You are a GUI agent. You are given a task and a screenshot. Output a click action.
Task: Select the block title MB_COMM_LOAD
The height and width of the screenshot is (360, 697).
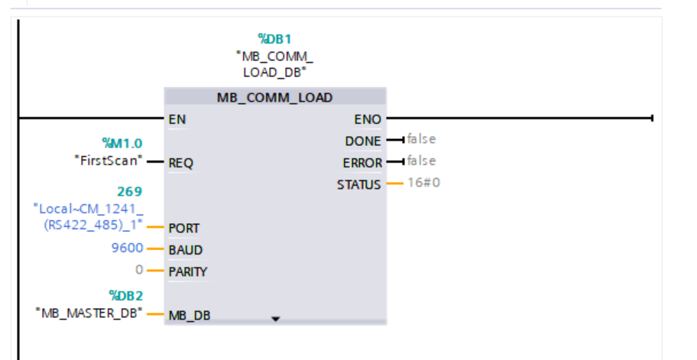click(275, 98)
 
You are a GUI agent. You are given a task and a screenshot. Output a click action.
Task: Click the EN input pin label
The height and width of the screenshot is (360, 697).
click(177, 119)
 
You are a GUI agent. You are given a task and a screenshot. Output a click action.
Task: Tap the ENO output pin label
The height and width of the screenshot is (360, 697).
click(368, 119)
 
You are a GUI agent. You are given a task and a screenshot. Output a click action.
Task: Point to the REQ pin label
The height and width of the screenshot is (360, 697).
click(180, 163)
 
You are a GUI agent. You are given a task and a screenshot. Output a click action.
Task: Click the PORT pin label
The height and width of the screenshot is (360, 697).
click(183, 228)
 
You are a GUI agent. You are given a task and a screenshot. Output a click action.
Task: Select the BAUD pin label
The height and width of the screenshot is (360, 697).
click(185, 250)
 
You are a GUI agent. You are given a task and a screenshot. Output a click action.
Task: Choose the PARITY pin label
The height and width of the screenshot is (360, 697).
click(188, 271)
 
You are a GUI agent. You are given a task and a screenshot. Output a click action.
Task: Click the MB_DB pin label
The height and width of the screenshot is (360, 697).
click(189, 315)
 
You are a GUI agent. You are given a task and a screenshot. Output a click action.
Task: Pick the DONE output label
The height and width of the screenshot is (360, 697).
click(363, 141)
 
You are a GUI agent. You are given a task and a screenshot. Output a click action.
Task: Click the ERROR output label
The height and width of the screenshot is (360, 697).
click(361, 163)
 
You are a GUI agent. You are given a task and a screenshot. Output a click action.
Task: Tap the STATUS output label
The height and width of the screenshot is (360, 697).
click(358, 184)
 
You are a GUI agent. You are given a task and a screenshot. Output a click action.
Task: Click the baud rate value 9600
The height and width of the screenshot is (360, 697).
click(127, 249)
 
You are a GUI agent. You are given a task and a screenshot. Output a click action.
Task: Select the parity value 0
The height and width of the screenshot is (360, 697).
click(138, 271)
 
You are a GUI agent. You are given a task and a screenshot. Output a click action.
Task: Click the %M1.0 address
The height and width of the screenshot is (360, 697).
click(122, 143)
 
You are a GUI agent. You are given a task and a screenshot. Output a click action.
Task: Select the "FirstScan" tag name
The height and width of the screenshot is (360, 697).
click(108, 161)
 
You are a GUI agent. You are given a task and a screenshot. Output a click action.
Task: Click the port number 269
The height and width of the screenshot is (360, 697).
click(129, 191)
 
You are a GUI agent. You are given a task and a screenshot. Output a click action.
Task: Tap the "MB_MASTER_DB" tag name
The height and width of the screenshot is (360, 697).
click(89, 313)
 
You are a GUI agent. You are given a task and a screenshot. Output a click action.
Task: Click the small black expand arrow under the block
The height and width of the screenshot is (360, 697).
click(277, 318)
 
